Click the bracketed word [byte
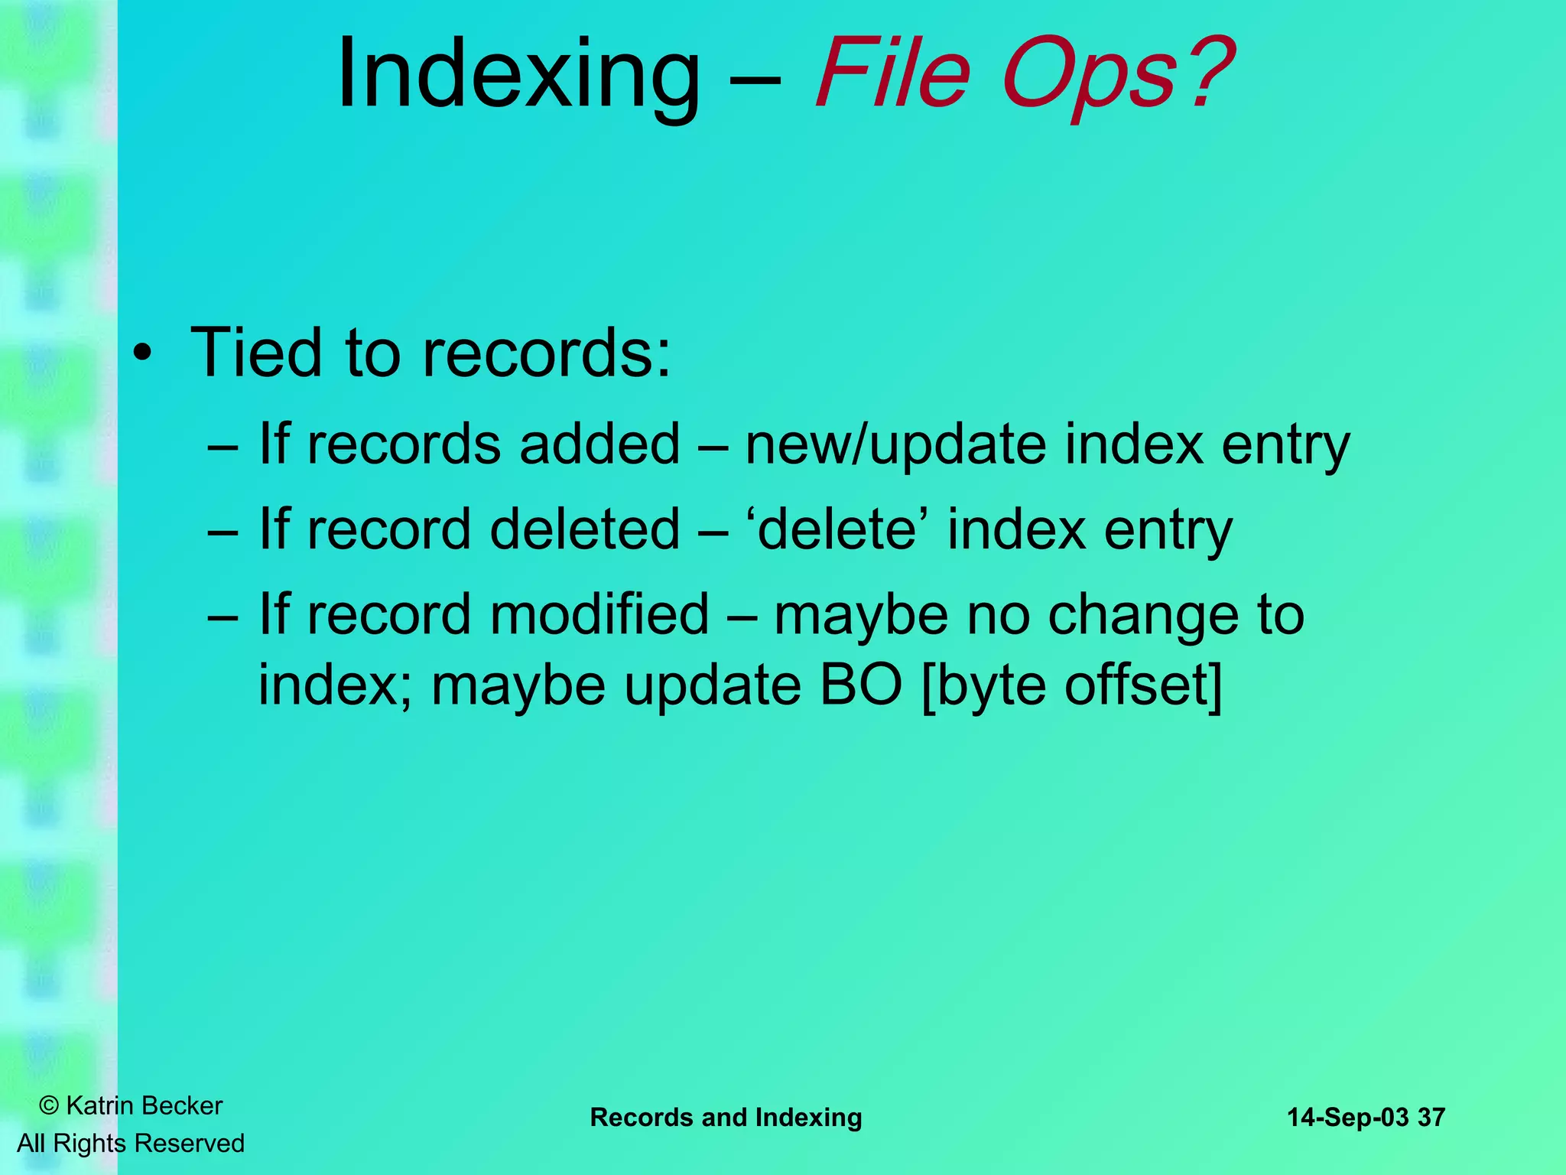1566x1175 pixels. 986,685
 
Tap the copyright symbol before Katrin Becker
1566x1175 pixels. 49,1105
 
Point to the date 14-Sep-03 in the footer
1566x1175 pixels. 1347,1118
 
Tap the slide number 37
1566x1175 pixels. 1431,1118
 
